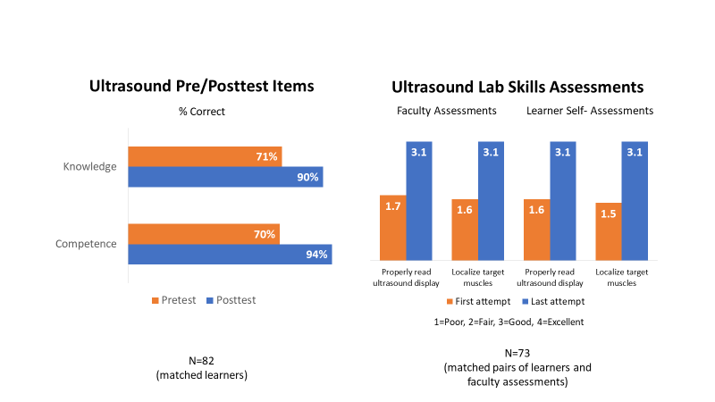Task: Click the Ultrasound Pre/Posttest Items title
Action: click(201, 87)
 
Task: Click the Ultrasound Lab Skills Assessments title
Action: click(517, 87)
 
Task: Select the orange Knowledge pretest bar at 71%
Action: click(205, 156)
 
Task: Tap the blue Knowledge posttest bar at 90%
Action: click(225, 177)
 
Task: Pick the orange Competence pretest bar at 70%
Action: click(204, 233)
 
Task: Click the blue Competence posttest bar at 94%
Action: click(230, 255)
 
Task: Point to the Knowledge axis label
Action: click(90, 167)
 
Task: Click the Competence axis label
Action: click(87, 244)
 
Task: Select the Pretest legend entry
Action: click(173, 300)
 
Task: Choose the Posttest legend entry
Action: click(231, 300)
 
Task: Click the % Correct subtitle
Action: click(201, 112)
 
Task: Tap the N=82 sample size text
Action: click(201, 360)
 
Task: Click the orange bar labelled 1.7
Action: click(392, 228)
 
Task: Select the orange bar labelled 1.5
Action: click(608, 231)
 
